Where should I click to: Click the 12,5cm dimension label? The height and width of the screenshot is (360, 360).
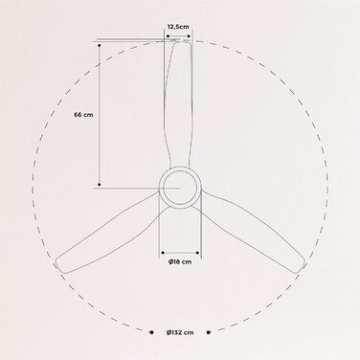point(178,27)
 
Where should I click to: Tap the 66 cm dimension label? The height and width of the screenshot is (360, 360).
point(83,115)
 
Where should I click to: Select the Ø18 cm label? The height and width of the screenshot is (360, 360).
point(180,261)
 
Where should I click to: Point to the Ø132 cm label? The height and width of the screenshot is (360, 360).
point(180,332)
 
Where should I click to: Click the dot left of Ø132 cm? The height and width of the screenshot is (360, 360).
point(151,332)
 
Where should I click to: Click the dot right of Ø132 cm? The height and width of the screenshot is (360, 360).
point(209,332)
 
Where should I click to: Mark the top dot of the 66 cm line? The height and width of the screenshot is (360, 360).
point(100,46)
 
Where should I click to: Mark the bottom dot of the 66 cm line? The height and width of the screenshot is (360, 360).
point(100,185)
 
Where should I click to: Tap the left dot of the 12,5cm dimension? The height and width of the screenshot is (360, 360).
point(169,36)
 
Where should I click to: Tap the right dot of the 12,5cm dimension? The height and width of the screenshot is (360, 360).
point(189,36)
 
